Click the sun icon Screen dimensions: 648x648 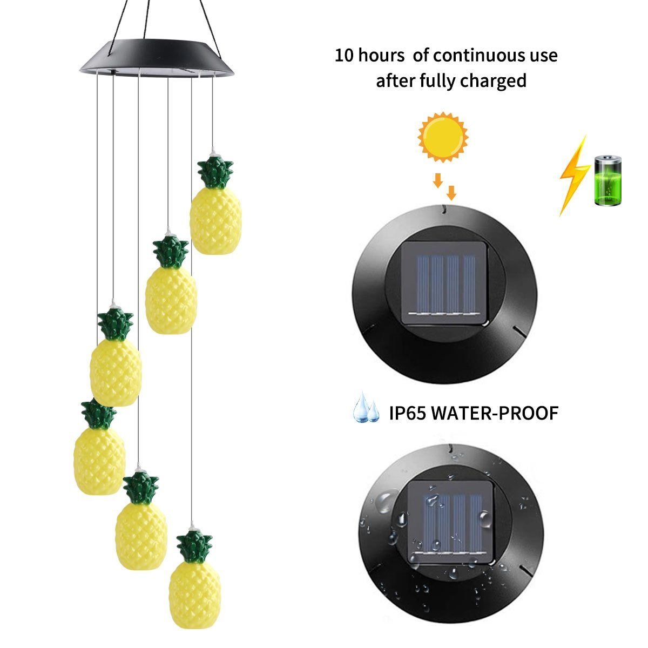pos(443,136)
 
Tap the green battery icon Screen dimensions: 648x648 pos(609,181)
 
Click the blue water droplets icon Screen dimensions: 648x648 pos(366,411)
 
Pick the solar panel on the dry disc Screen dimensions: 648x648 pos(445,284)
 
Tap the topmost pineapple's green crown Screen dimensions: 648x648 pos(217,172)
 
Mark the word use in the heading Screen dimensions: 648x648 pos(542,55)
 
